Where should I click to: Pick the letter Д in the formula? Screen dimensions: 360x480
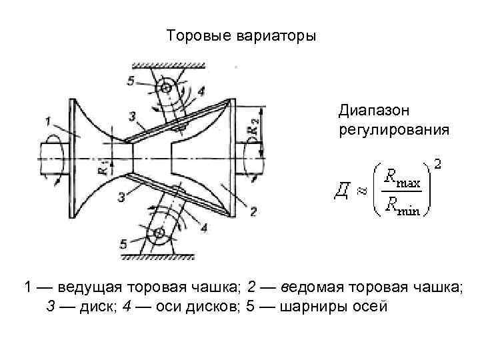pyautogui.click(x=340, y=193)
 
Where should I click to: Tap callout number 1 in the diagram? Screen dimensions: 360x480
pyautogui.click(x=49, y=121)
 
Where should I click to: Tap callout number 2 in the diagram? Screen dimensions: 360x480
pyautogui.click(x=254, y=212)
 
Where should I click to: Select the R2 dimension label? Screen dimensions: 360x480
pyautogui.click(x=253, y=128)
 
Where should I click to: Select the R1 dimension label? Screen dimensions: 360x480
pyautogui.click(x=101, y=167)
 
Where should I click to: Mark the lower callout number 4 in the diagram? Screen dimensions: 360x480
pyautogui.click(x=203, y=227)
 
